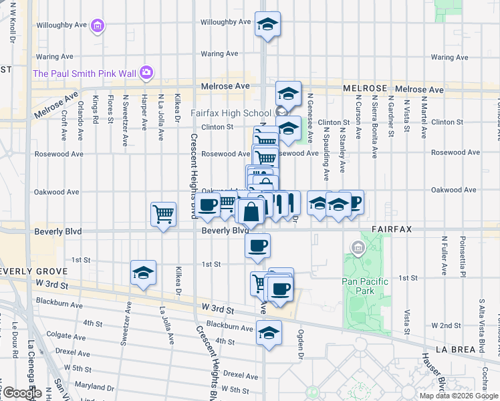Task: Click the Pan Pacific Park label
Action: coord(365,286)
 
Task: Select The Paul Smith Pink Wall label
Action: coord(85,72)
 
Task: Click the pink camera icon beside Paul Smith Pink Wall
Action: coord(147,72)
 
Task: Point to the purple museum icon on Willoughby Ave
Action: coord(98,25)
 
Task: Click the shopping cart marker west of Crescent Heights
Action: coord(163,214)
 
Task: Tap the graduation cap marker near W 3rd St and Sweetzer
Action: coord(143,272)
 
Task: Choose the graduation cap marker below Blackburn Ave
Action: coord(269,332)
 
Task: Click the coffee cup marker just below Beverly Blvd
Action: coord(257,245)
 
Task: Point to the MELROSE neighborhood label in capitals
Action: coord(365,88)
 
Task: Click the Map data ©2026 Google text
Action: coord(459,396)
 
